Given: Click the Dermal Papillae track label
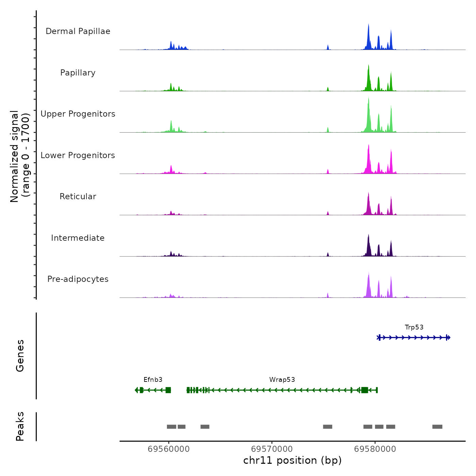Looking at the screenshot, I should click(78, 31).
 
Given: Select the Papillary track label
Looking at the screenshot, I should click(78, 73).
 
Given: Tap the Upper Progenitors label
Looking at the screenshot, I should click(78, 114).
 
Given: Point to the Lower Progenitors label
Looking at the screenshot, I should click(78, 155).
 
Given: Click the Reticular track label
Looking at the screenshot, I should click(78, 197).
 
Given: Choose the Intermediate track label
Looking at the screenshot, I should click(78, 238).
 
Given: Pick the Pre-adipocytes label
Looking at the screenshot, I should click(78, 279).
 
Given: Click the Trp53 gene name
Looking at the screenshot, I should click(414, 327).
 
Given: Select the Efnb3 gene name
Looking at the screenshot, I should click(153, 380).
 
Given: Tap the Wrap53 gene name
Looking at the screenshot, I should click(282, 380).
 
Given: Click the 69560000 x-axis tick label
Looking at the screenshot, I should click(169, 449).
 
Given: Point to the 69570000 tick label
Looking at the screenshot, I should click(272, 449).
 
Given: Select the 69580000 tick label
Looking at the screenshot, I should click(375, 449).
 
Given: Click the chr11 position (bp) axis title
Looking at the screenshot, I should click(292, 460).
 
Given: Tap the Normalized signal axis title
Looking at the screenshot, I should click(20, 156).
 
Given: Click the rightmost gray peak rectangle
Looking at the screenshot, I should click(437, 427).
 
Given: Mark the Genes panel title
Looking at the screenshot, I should click(20, 356).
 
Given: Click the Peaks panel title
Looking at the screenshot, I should click(20, 426).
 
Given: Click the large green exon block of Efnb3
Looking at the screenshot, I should click(168, 390).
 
